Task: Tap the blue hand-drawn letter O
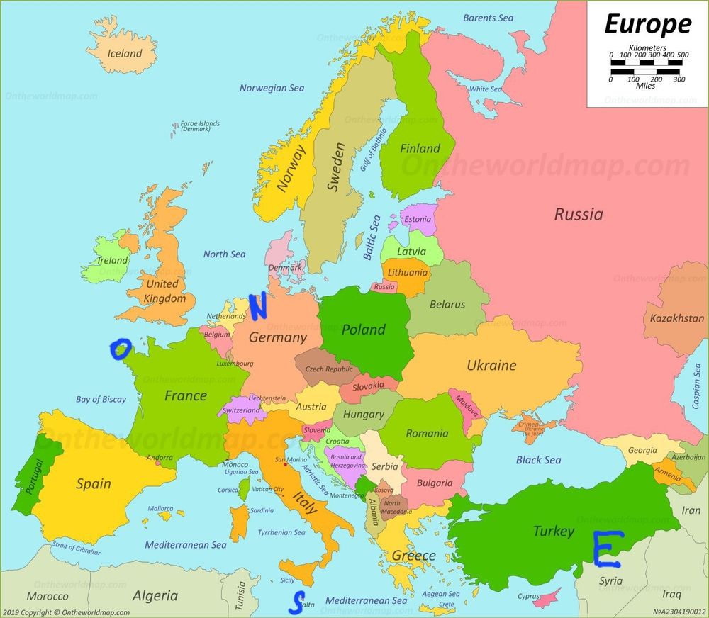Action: coord(121,349)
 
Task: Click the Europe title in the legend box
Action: coord(647,25)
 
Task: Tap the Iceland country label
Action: coord(125,53)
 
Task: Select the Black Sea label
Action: coord(538,460)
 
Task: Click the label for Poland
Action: coord(363,330)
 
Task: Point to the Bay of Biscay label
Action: coord(101,400)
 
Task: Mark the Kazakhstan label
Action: coord(676,318)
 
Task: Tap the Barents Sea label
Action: coord(488,18)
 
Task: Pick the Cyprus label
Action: coord(528,596)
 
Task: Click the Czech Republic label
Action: coord(328,369)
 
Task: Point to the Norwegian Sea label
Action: coord(272,89)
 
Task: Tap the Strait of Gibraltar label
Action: coord(77,548)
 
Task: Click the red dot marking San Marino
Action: coord(285,465)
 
